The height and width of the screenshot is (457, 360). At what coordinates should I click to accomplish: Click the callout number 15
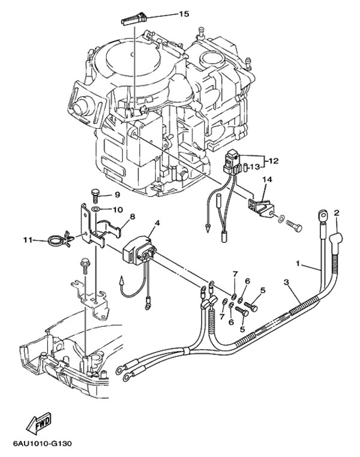pyautogui.click(x=184, y=14)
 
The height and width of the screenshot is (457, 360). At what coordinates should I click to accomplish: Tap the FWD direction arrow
pyautogui.click(x=39, y=423)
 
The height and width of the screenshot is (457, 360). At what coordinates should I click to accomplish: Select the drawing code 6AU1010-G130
pyautogui.click(x=42, y=444)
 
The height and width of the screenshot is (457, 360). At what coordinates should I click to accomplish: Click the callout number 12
pyautogui.click(x=274, y=161)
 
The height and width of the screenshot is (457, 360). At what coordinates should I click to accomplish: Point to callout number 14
pyautogui.click(x=267, y=179)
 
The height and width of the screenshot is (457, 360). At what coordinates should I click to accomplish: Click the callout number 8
pyautogui.click(x=133, y=217)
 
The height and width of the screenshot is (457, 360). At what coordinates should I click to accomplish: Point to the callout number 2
pyautogui.click(x=337, y=213)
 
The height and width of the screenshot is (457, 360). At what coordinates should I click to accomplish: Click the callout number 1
pyautogui.click(x=298, y=263)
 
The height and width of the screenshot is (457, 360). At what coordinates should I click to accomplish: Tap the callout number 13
pyautogui.click(x=254, y=167)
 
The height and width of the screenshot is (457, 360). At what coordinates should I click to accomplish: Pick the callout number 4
pyautogui.click(x=157, y=223)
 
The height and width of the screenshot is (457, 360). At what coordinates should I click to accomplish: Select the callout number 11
pyautogui.click(x=28, y=240)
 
